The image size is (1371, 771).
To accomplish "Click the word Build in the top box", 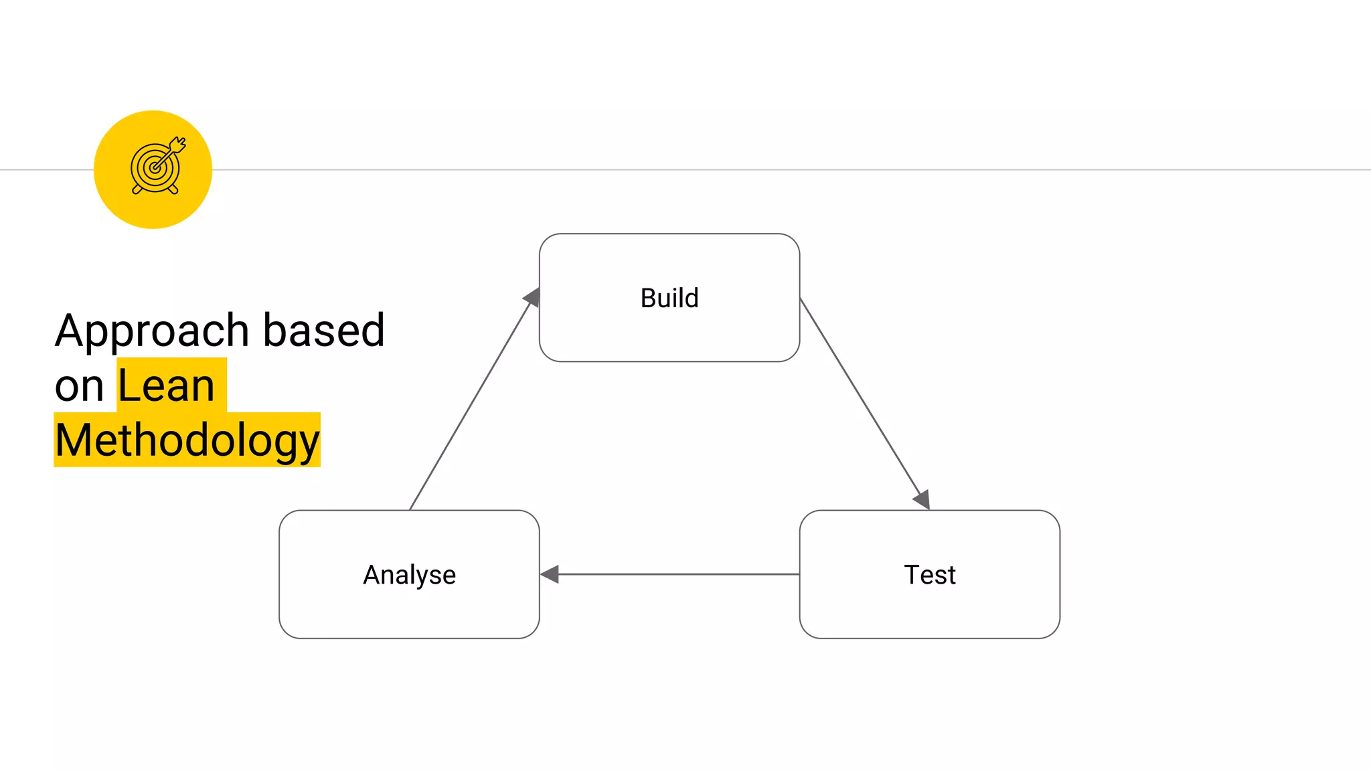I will click(669, 298).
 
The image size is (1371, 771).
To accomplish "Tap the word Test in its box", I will click(929, 575).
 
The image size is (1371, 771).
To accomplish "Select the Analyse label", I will click(409, 575).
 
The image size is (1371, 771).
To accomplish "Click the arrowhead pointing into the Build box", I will click(533, 297).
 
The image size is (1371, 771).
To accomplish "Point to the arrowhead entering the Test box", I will click(922, 499).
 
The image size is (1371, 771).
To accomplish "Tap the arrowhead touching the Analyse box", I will click(550, 574).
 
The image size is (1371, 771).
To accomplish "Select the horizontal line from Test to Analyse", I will click(676, 574).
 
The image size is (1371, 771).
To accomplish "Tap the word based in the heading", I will click(323, 331).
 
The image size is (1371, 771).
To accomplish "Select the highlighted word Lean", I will click(166, 386).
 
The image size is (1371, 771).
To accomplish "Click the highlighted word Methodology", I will click(187, 440).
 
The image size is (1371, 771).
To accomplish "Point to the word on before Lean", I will click(79, 386).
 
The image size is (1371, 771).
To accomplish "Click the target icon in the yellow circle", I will click(157, 167).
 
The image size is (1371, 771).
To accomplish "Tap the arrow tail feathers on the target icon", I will click(179, 144).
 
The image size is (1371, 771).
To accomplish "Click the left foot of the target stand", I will click(137, 190).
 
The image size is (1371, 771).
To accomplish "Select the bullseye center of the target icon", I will click(155, 168).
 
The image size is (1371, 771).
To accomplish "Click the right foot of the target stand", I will click(173, 190).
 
